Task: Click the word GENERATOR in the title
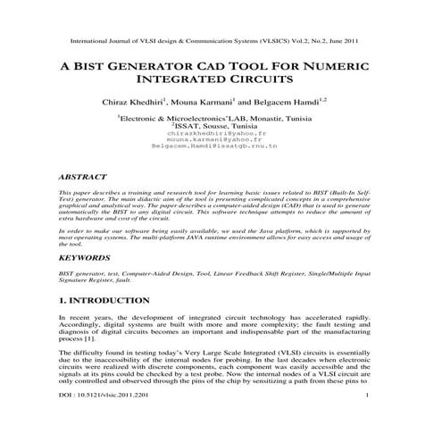[x=157, y=66]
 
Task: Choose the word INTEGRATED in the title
[x=177, y=80]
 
